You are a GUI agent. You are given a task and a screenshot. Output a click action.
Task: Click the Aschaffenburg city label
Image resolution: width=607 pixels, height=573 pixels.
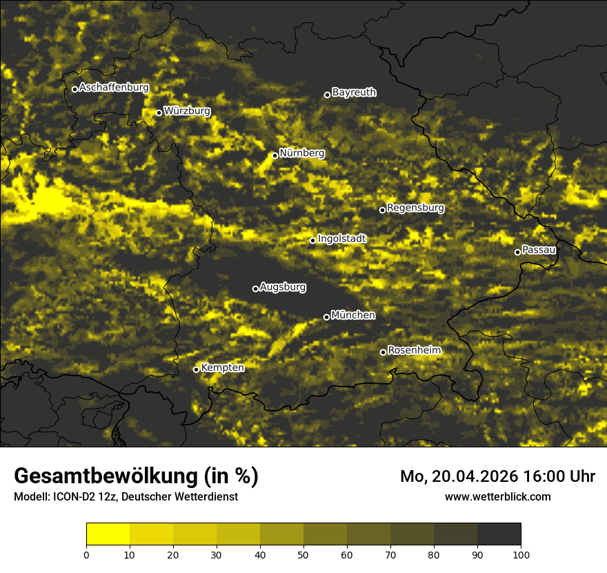[114, 88]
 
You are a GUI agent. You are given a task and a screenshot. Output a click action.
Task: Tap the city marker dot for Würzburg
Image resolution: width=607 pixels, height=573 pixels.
[159, 113]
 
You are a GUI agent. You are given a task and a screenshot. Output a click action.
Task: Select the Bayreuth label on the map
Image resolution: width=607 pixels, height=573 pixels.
[354, 92]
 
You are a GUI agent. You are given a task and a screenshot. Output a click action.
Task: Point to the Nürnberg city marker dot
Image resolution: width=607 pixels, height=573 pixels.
[275, 155]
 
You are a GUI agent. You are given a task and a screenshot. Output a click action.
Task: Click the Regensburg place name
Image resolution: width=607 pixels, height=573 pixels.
[415, 207]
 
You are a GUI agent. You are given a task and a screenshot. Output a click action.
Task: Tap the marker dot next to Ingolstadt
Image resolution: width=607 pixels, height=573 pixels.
[312, 240]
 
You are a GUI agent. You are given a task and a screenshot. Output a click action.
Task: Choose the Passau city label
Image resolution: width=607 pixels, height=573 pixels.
[539, 249]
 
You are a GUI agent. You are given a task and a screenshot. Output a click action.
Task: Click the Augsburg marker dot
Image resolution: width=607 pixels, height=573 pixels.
[255, 289]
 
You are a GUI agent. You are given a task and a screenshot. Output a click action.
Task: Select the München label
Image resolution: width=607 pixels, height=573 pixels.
[353, 315]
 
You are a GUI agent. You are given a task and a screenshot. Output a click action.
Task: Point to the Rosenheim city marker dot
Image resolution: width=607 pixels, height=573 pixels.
[383, 353]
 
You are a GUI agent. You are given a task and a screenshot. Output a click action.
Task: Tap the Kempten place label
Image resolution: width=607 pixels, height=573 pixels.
[222, 367]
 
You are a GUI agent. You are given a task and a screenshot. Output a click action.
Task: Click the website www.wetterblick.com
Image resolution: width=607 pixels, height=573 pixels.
[497, 496]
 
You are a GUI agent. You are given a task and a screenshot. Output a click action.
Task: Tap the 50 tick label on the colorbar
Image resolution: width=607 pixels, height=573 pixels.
[303, 554]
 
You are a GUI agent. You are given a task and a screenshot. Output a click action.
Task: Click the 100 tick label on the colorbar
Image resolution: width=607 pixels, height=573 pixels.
[521, 554]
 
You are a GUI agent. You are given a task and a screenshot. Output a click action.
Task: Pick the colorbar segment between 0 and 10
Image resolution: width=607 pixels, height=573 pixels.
[108, 534]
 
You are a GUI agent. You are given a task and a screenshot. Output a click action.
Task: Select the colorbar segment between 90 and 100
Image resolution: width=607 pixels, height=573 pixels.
[499, 534]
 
